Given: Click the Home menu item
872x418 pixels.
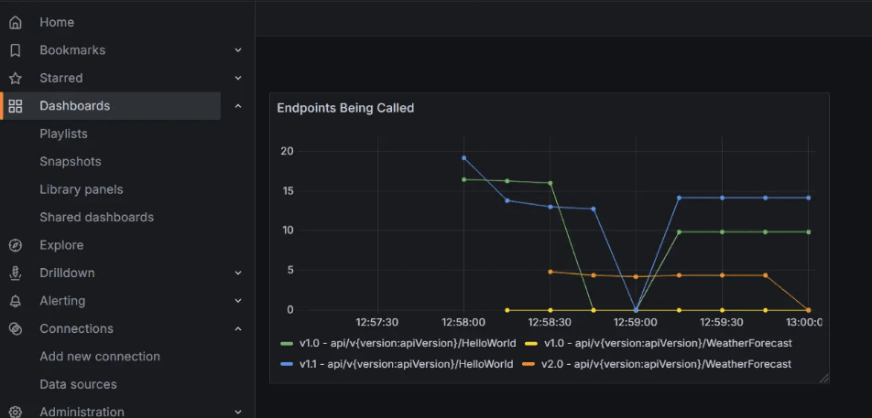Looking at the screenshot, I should (57, 22).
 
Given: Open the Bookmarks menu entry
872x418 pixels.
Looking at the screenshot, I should (71, 50).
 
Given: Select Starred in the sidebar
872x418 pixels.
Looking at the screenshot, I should (60, 78).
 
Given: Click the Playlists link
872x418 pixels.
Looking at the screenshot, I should (63, 134).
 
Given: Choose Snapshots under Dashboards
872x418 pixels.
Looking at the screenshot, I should (70, 162).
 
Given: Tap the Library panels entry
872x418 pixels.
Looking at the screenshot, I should (81, 189).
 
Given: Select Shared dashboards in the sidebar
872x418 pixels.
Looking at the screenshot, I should (96, 218).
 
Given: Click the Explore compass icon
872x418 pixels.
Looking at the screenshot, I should (16, 245).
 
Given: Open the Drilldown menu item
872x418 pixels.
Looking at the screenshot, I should (67, 273).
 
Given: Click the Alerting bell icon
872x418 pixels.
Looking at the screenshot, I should (16, 301).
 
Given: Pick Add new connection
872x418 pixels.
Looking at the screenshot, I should (99, 357).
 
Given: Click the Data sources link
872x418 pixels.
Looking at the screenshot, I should (78, 384).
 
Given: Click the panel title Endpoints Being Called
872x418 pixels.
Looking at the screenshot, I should (345, 108).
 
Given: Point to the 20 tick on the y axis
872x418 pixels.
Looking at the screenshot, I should (287, 151).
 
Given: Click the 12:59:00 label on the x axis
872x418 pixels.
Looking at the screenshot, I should (636, 322).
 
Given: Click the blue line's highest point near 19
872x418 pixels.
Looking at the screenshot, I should (464, 158).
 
